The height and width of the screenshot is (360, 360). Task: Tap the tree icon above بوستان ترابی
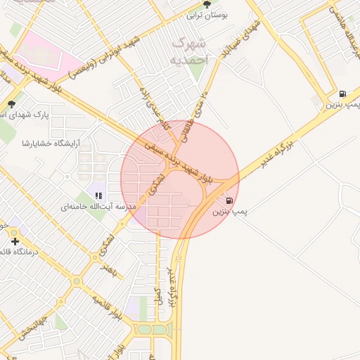(x=206, y=4)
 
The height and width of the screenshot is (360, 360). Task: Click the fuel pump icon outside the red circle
(x=342, y=94)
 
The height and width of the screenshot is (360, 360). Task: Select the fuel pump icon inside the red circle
(x=230, y=200)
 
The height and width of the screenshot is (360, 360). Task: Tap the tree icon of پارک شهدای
(x=11, y=104)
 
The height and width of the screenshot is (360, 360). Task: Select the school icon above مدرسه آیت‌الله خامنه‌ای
(x=98, y=196)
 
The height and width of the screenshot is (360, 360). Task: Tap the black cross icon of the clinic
(x=15, y=241)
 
